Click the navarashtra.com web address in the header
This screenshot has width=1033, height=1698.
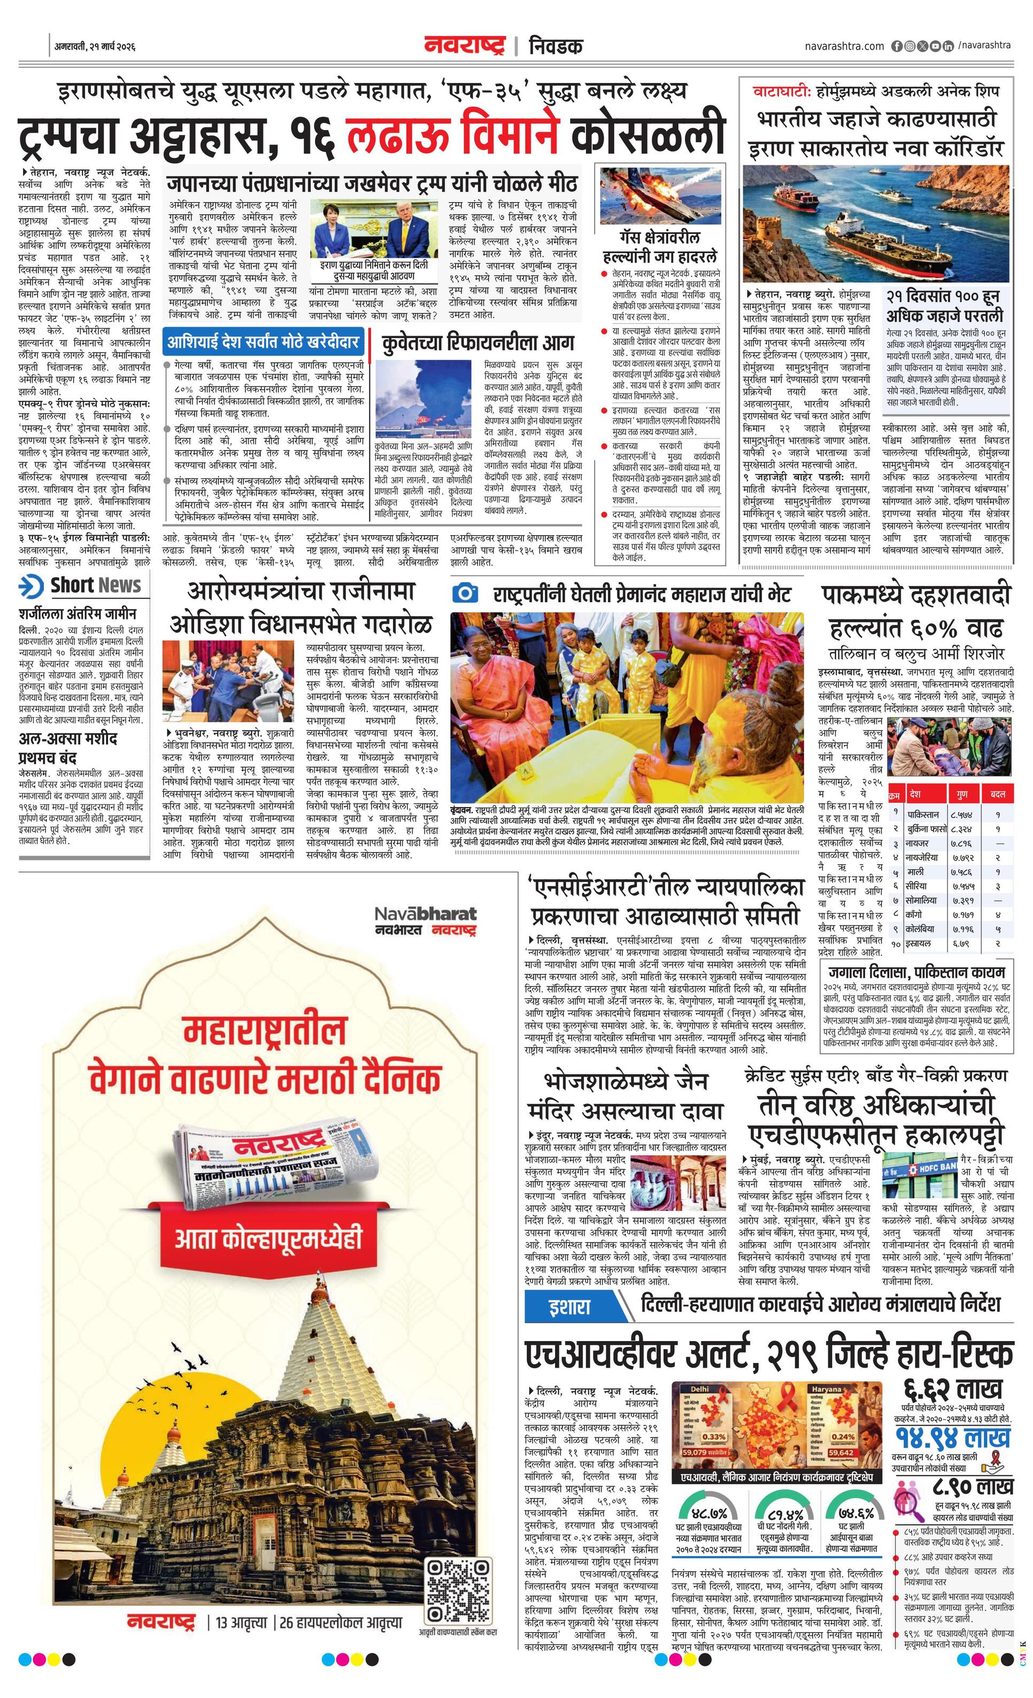coord(844,46)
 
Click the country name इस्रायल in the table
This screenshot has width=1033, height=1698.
coord(919,943)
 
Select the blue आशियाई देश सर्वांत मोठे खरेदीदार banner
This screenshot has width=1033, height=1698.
coord(263,342)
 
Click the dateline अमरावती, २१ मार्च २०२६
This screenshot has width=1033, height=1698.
coord(95,47)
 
